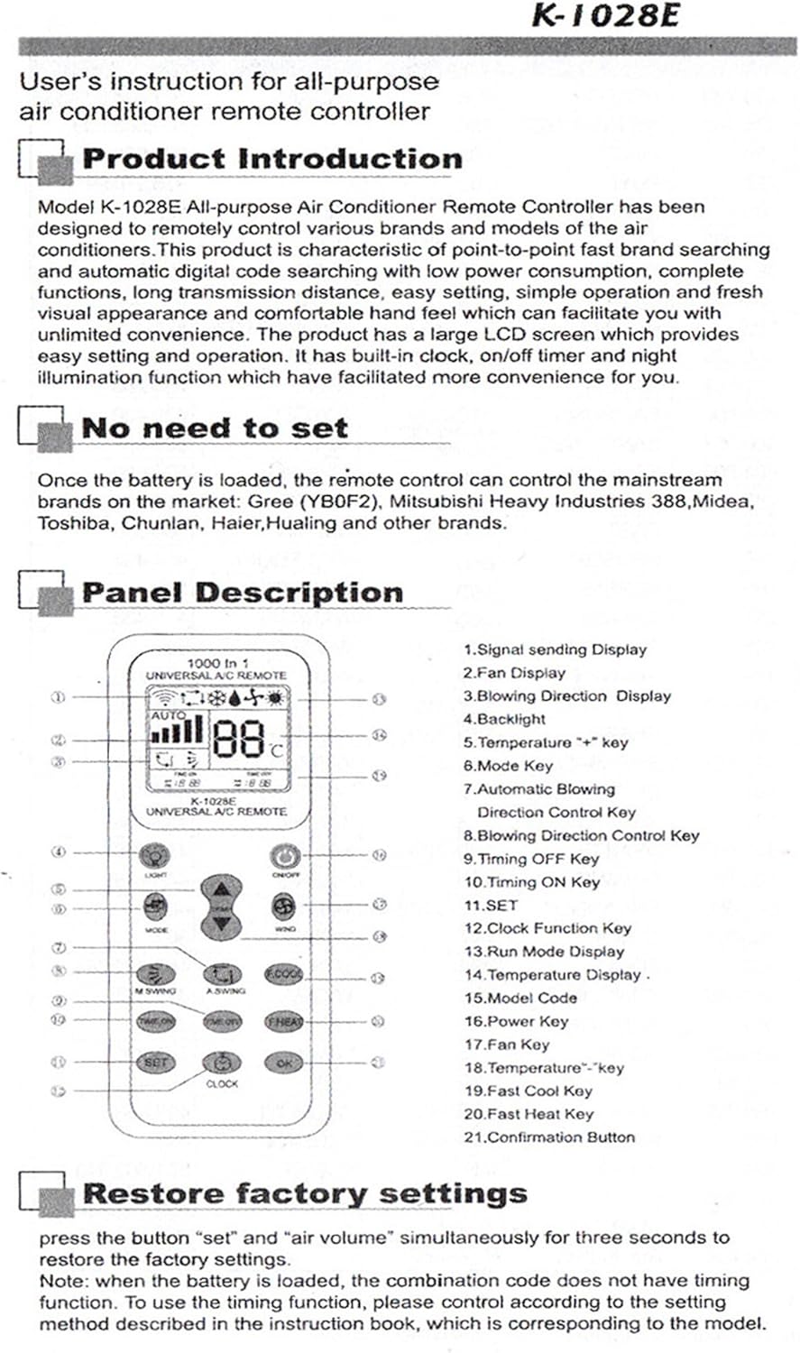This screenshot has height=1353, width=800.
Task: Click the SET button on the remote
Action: point(155,1063)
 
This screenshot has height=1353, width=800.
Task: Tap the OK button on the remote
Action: point(283,1063)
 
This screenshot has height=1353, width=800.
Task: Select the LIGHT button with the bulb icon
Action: point(155,855)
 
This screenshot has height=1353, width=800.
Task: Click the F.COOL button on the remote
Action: point(283,974)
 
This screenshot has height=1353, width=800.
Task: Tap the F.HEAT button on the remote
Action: point(283,1022)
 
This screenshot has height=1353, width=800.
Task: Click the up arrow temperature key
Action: point(221,888)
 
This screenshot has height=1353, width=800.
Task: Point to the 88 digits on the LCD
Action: point(239,737)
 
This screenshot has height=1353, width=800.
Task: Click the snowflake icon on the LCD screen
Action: point(217,697)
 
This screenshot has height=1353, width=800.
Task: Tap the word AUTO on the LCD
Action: point(168,714)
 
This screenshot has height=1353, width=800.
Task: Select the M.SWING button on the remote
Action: point(155,974)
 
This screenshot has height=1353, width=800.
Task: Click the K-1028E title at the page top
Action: point(605,16)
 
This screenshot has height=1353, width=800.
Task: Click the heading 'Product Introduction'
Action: point(271,159)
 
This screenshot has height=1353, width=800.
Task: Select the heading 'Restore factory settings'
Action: point(304,1193)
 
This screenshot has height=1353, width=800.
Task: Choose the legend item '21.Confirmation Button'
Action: point(549,1137)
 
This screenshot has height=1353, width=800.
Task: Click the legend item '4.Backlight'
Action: point(504,719)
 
